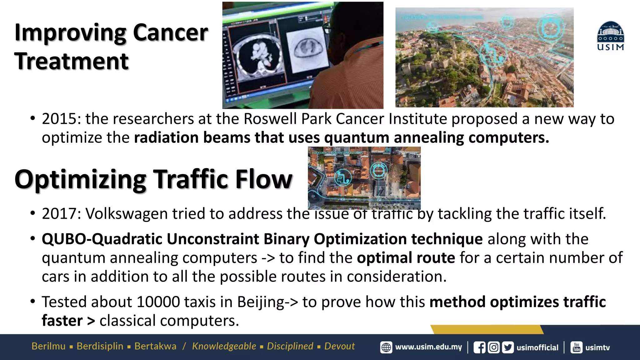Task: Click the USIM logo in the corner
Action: (x=611, y=36)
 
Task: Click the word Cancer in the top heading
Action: (x=170, y=32)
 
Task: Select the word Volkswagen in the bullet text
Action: (x=127, y=214)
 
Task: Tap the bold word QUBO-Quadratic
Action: (x=102, y=239)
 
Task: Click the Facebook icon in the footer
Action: (x=479, y=347)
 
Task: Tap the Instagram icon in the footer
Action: (x=494, y=347)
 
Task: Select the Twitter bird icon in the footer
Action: (x=508, y=347)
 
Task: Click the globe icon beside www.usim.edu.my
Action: (x=386, y=347)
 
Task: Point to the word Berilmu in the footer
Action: (x=48, y=346)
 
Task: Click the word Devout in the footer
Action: (x=339, y=346)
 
